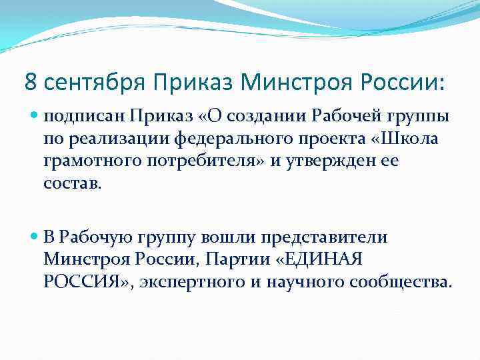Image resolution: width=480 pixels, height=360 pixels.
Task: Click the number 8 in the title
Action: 31,82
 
